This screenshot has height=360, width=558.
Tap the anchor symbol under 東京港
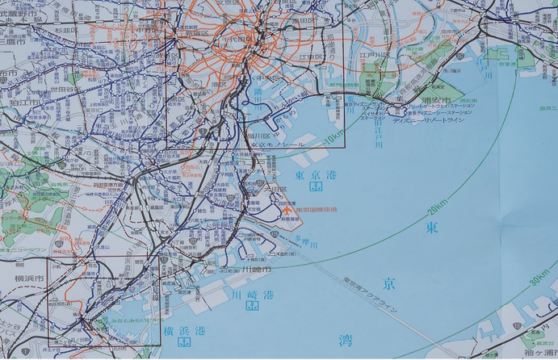click(317, 188)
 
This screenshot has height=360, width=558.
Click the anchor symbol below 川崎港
click(251, 307)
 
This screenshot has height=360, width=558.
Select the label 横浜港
click(185, 332)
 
